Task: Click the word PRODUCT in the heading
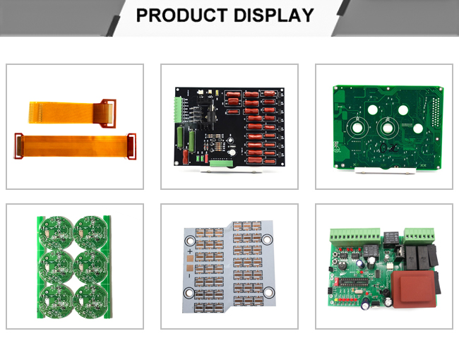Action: click(x=181, y=16)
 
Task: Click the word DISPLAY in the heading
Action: click(x=274, y=16)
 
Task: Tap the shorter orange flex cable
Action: click(x=72, y=113)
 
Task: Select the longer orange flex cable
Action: click(x=76, y=146)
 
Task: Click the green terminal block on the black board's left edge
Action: click(x=178, y=110)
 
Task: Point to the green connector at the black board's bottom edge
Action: click(x=221, y=164)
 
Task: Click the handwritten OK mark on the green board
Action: click(x=389, y=148)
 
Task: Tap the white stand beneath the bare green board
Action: click(x=385, y=171)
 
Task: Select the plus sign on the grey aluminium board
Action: click(x=190, y=251)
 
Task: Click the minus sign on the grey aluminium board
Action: click(x=189, y=276)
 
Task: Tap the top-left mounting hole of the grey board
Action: click(x=190, y=241)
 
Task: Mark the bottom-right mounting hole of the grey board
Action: click(x=269, y=292)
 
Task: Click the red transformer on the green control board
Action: click(x=414, y=289)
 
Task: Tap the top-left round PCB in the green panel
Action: click(x=56, y=232)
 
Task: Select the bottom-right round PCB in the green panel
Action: click(x=91, y=301)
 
